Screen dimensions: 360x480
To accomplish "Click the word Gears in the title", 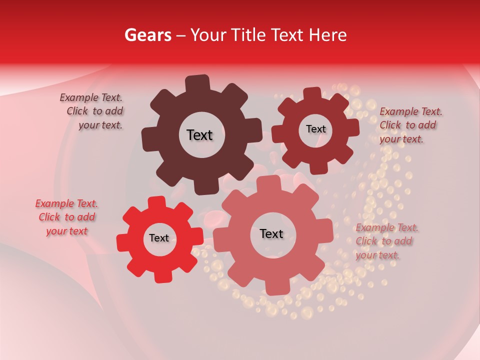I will pos(147,35).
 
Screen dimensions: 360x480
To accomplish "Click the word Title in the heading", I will pos(249,35).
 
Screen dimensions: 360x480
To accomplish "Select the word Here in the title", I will pos(327,35).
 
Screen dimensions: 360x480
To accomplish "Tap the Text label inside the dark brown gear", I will pos(200,135).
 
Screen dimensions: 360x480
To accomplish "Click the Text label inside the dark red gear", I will pos(316,129).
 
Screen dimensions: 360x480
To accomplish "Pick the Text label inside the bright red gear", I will pos(159,238).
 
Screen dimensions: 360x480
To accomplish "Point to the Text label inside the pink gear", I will pos(271,233).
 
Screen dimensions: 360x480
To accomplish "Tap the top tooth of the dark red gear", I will pos(312,94).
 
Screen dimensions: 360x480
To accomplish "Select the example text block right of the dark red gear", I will pos(410,125).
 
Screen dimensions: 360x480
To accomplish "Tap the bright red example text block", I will pos(66,217).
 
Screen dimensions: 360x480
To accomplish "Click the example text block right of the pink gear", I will pos(386,241).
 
